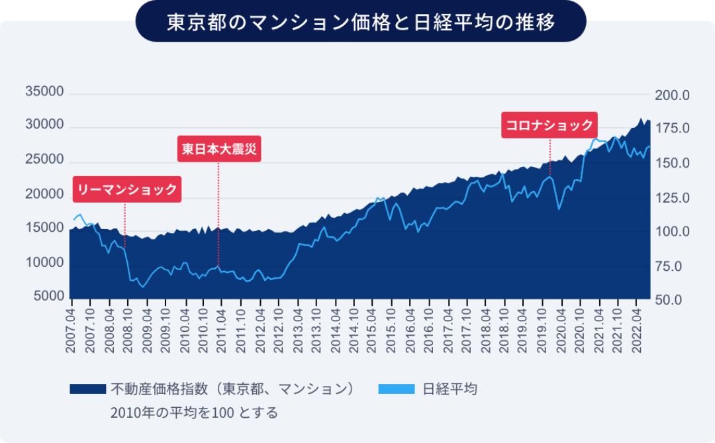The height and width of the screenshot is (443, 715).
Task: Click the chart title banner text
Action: pyautogui.click(x=360, y=21)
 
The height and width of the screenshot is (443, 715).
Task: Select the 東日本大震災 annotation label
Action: pyautogui.click(x=219, y=149)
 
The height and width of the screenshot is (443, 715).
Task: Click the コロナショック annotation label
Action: pyautogui.click(x=549, y=124)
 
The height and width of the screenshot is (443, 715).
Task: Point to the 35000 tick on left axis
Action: pyautogui.click(x=44, y=91)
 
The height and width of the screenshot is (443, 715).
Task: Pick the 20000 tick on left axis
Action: pyautogui.click(x=44, y=194)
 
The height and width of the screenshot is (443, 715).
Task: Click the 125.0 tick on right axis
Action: pyautogui.click(x=672, y=198)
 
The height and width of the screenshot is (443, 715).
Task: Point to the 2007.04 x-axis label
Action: pyautogui.click(x=71, y=328)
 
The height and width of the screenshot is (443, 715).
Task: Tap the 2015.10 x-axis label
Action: pyautogui.click(x=393, y=328)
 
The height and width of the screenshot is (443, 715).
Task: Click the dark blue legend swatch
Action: pyautogui.click(x=88, y=389)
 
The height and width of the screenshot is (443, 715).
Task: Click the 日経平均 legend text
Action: pyautogui.click(x=450, y=389)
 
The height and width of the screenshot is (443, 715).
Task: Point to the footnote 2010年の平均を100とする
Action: pyautogui.click(x=194, y=413)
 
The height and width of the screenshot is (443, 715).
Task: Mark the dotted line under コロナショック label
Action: pyautogui.click(x=549, y=156)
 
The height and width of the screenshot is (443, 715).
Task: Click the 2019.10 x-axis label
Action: pyautogui.click(x=544, y=328)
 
